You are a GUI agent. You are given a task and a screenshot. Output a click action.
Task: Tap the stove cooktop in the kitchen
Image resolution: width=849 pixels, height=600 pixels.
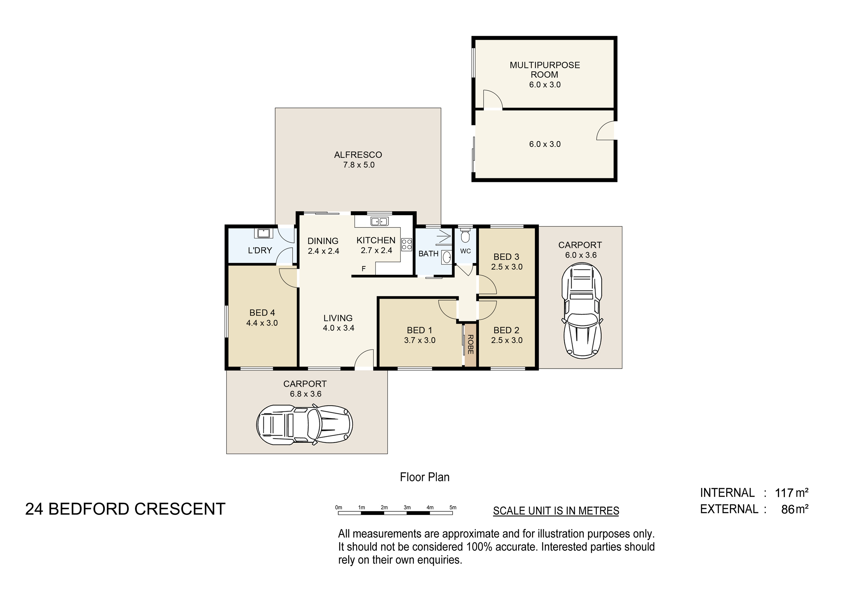pyautogui.click(x=406, y=245)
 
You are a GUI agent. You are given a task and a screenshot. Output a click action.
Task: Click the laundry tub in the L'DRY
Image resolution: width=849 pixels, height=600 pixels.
pyautogui.click(x=263, y=233)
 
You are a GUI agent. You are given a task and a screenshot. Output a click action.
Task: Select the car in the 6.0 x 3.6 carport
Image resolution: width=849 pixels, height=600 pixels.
pyautogui.click(x=582, y=310)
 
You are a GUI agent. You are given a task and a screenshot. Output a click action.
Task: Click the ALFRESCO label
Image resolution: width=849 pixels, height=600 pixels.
pyautogui.click(x=358, y=155)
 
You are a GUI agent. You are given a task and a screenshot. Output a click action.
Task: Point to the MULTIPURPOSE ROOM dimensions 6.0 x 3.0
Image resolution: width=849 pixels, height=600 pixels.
pyautogui.click(x=545, y=85)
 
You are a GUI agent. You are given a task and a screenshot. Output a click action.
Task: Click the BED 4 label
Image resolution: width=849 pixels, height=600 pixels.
pyautogui.click(x=262, y=313)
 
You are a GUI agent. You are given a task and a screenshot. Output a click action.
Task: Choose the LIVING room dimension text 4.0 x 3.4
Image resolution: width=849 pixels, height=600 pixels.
pyautogui.click(x=338, y=328)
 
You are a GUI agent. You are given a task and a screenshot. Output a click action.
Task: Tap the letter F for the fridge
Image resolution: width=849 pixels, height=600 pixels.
pyautogui.click(x=364, y=269)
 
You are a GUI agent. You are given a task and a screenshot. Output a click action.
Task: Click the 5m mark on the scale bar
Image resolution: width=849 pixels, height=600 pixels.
pyautogui.click(x=453, y=508)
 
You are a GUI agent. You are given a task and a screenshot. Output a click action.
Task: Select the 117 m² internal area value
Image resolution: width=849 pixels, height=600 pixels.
pyautogui.click(x=792, y=493)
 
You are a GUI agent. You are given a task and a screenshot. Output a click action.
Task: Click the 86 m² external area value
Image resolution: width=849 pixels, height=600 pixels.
pyautogui.click(x=795, y=509)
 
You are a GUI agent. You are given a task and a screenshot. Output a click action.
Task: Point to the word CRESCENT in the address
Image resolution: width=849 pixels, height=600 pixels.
pyautogui.click(x=180, y=509)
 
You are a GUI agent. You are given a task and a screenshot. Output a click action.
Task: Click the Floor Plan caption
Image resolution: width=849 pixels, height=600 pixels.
pyautogui.click(x=424, y=477)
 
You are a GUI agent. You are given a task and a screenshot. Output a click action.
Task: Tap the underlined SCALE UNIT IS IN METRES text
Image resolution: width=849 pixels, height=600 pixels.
pyautogui.click(x=556, y=511)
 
